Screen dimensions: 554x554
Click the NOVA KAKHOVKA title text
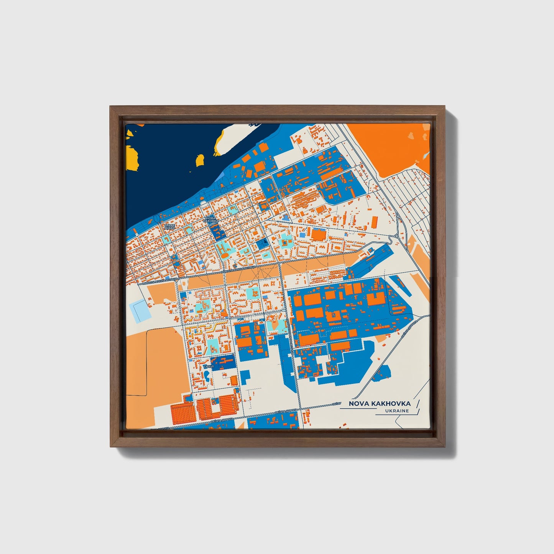(379, 403)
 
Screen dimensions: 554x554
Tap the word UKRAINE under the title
(397, 411)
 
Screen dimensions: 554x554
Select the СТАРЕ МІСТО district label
(169, 227)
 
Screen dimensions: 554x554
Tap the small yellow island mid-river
(200, 160)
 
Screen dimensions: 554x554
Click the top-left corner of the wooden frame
(111, 107)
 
